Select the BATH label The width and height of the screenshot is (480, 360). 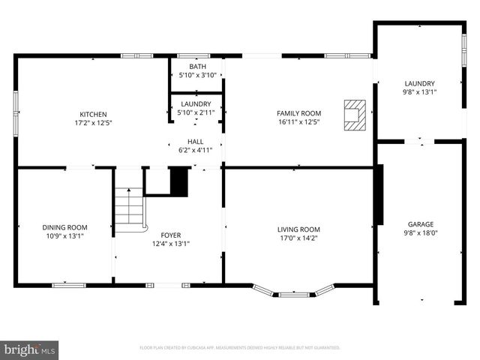coord(197,67)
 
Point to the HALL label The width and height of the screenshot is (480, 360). coord(195,141)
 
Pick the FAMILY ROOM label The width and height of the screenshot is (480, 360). coord(299,113)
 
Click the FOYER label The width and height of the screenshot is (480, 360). coord(166,235)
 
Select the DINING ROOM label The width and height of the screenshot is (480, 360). coord(64,227)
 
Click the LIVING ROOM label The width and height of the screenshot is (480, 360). coord(298,229)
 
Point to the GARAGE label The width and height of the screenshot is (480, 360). coord(420,224)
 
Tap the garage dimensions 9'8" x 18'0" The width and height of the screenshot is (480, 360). coord(420,233)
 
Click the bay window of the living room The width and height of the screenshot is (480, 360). coord(294,292)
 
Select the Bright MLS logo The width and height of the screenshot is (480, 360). coord(30,349)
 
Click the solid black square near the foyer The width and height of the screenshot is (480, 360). coord(178,181)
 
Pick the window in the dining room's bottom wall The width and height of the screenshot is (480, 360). coord(68,284)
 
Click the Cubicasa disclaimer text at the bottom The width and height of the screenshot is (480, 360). coord(240,348)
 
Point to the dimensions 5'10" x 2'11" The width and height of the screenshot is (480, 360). coord(195,112)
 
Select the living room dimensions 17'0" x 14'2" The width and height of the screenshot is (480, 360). coord(298,239)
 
